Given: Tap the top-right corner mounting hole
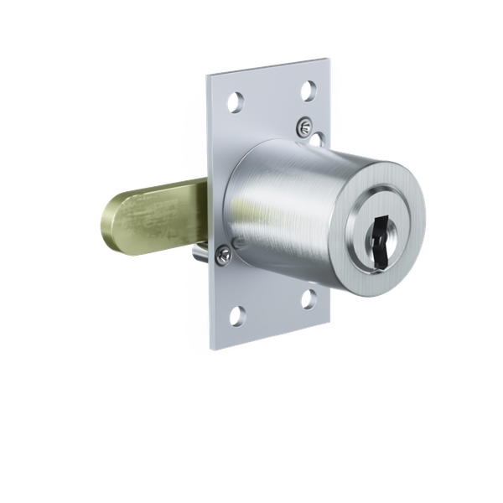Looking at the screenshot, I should [x=309, y=88].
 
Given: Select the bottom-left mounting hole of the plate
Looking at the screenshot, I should [x=237, y=315].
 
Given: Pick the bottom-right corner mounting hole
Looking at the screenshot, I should [x=309, y=297].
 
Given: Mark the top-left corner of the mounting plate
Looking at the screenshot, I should [x=207, y=75].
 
